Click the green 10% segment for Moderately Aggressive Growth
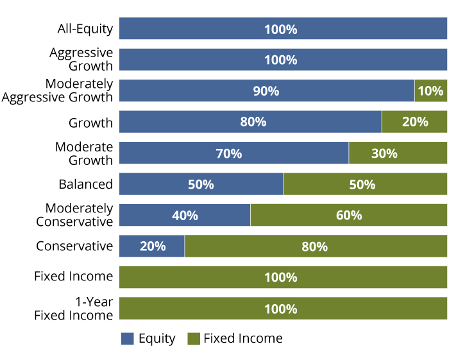tap(430, 91)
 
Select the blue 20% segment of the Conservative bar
tap(152, 246)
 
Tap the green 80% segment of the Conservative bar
tap(316, 246)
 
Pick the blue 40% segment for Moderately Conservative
tap(185, 216)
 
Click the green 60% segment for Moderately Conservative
tap(348, 216)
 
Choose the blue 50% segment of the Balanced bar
tap(201, 184)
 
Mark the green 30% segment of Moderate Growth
tap(398, 153)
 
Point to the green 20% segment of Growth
tap(414, 122)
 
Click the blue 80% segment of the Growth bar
tap(250, 122)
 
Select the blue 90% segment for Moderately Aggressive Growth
tap(266, 91)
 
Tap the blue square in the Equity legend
tap(128, 339)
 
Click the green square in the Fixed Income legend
tap(193, 339)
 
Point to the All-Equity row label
tap(85, 29)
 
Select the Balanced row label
tap(86, 184)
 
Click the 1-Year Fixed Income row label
tap(73, 309)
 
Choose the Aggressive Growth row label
tap(81, 60)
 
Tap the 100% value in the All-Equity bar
tap(281, 29)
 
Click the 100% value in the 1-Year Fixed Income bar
tap(281, 309)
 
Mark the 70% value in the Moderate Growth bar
tap(229, 153)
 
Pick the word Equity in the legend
tap(157, 339)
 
